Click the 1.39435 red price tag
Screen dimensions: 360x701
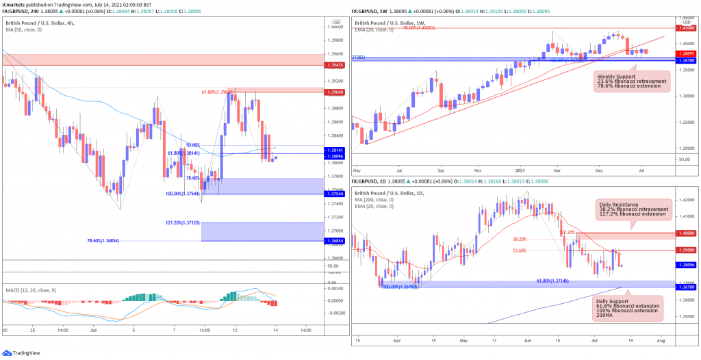(333, 64)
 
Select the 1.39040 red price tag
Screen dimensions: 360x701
(333, 91)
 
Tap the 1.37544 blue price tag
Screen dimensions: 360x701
(333, 194)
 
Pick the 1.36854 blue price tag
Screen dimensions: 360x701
(333, 241)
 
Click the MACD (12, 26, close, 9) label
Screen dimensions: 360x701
(30, 290)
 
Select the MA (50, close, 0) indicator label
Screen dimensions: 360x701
(23, 29)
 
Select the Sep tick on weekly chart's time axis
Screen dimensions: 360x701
(441, 168)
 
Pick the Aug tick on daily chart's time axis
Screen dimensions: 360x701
(659, 339)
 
